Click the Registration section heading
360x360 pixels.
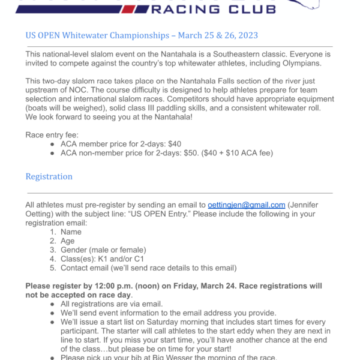click(x=49, y=176)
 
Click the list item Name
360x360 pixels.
click(x=71, y=232)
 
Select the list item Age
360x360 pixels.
click(x=68, y=241)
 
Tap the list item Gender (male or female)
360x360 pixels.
click(x=103, y=250)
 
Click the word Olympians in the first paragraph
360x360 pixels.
click(x=301, y=64)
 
